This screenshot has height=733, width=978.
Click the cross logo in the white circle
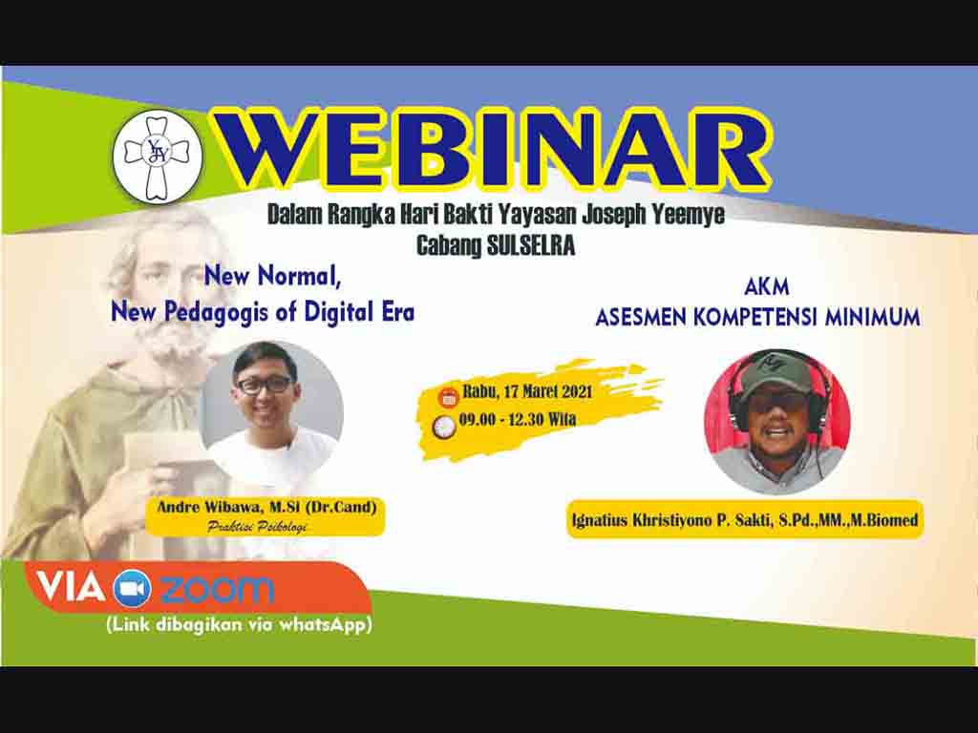point(157,157)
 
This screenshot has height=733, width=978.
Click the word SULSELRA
point(530,245)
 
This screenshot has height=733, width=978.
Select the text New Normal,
point(272,275)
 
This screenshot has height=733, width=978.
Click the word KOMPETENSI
point(755,317)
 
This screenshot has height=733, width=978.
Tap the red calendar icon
point(448,396)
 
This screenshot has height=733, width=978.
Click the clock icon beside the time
point(444,427)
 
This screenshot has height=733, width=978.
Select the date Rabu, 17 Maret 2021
point(527,392)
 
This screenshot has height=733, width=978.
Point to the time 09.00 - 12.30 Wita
point(517,419)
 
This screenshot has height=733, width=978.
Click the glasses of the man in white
point(265,385)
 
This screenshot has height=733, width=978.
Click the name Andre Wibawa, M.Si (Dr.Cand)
point(266,507)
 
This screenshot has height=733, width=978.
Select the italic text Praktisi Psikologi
point(257,527)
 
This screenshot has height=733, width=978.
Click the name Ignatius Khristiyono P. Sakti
point(671,520)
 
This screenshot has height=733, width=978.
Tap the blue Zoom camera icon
point(132,589)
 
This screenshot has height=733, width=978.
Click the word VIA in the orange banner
point(71,587)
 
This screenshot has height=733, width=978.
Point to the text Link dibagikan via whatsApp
point(240,624)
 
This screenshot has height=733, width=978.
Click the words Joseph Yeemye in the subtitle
point(653,215)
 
